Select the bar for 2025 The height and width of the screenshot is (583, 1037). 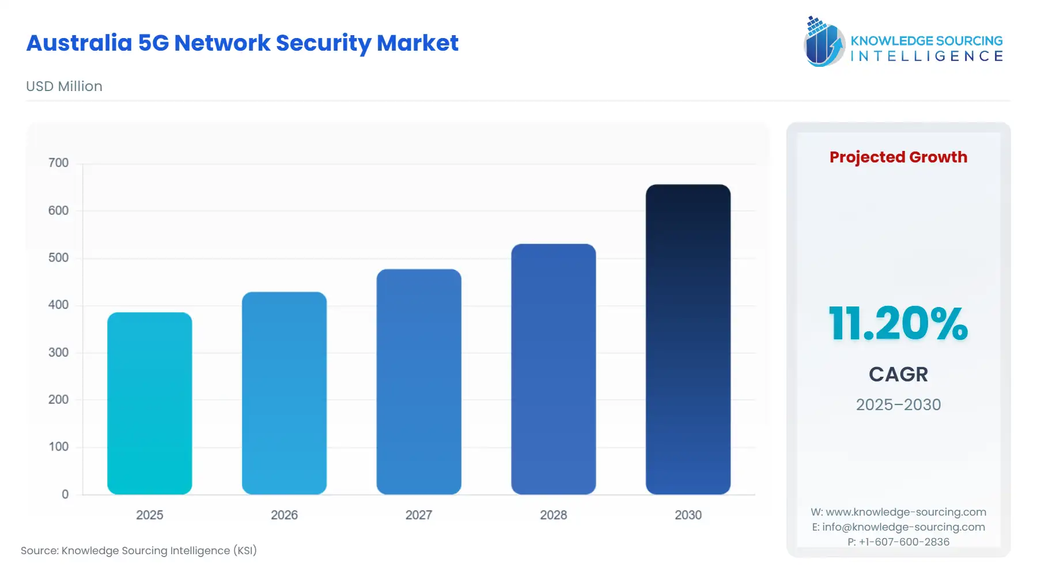(149, 403)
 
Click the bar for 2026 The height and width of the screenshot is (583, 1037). (284, 393)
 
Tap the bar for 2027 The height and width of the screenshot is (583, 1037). (419, 381)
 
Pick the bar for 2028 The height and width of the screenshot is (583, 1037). (553, 369)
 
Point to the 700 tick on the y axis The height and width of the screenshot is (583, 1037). (58, 163)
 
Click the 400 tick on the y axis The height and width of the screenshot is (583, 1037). (58, 305)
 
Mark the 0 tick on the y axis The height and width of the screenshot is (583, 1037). (65, 494)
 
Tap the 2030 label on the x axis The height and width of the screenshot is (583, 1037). (688, 515)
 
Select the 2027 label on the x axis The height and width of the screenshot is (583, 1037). (419, 515)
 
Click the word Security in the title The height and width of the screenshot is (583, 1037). (323, 43)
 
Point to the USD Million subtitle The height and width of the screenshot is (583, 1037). (64, 86)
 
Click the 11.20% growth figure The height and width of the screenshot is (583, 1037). (898, 324)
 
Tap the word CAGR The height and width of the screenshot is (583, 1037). (898, 374)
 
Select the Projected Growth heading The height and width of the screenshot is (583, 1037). (898, 157)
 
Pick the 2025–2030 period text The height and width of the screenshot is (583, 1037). (898, 404)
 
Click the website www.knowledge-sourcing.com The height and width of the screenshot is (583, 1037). (906, 512)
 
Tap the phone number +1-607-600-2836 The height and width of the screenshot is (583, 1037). (904, 542)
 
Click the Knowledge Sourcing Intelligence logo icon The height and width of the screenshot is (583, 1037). (823, 41)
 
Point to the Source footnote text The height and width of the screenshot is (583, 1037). (139, 551)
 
